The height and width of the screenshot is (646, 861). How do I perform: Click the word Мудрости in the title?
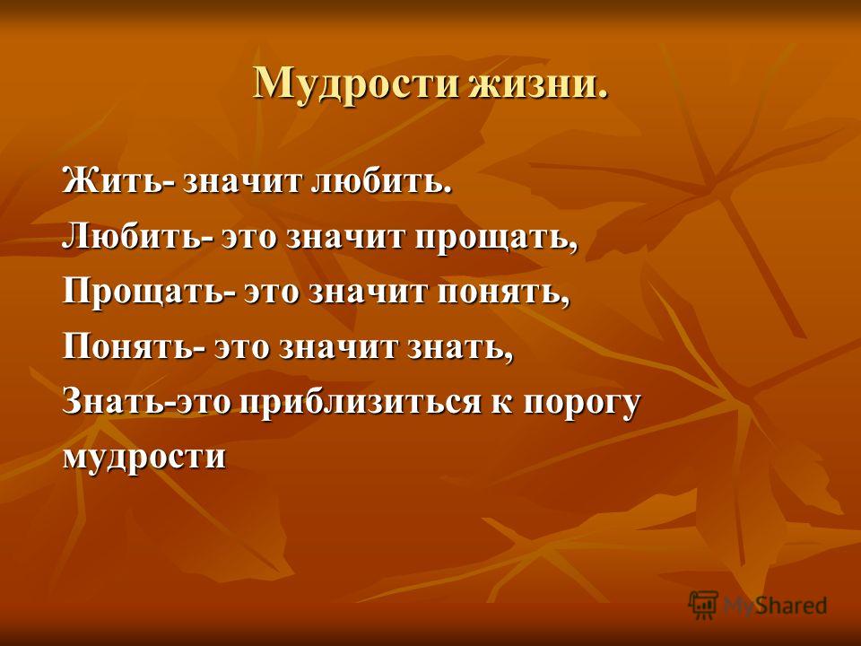(x=355, y=84)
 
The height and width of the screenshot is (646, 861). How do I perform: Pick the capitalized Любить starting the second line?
(x=133, y=236)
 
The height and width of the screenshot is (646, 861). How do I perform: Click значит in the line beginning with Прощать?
(x=369, y=292)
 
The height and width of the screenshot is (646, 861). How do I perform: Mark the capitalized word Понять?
(x=129, y=347)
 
